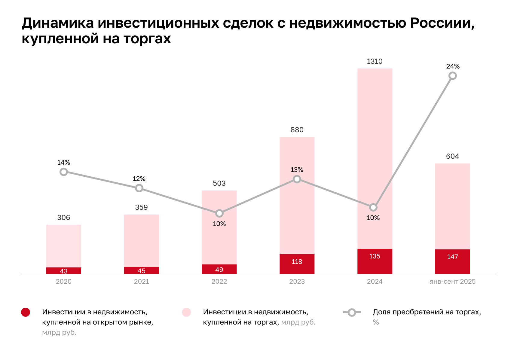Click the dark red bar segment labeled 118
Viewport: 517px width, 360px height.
tap(297, 264)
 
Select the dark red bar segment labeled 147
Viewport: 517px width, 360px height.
tap(452, 261)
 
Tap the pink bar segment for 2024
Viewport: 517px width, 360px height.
tap(375, 150)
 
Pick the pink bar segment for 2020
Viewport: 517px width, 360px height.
tap(64, 246)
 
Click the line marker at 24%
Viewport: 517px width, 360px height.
tap(452, 76)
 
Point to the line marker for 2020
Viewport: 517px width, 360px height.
tap(64, 172)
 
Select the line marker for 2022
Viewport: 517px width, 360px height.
tap(219, 213)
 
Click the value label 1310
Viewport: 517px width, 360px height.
tap(375, 61)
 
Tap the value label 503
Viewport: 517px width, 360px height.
tap(219, 183)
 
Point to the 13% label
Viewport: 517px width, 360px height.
tap(297, 170)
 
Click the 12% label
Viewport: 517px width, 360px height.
tap(139, 179)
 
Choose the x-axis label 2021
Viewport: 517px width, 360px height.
tap(141, 282)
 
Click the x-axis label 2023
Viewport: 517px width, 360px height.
tap(297, 282)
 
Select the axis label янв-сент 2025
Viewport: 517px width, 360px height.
tap(452, 282)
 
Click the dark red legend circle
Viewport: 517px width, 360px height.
tap(26, 312)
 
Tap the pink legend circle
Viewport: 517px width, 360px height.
tap(186, 312)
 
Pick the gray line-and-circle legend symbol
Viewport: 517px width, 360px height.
tap(351, 313)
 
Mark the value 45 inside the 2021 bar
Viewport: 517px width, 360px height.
tap(141, 271)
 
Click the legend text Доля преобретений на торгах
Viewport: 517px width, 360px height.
tap(427, 312)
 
